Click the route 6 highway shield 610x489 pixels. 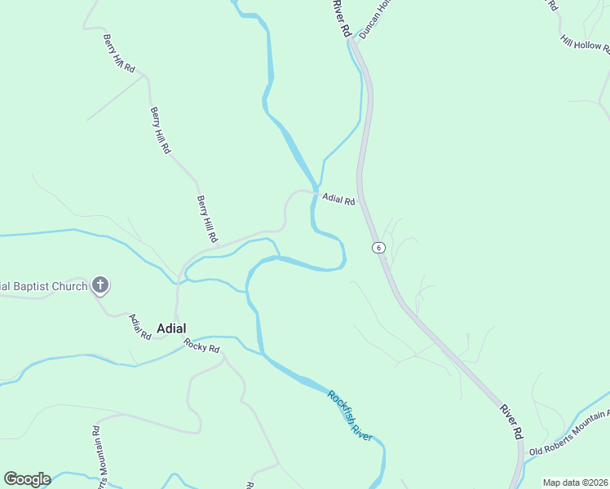(378, 247)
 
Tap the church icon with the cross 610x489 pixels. (100, 285)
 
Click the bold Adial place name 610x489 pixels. (170, 328)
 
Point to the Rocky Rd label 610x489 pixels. (202, 345)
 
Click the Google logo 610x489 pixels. (27, 479)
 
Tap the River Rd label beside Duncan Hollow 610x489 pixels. (342, 18)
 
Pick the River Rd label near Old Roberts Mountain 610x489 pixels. (511, 421)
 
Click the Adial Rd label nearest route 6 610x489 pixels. (338, 199)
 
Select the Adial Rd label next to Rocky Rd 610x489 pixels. (140, 326)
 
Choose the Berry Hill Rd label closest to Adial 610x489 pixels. (208, 218)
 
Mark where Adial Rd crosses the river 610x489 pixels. (313, 193)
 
